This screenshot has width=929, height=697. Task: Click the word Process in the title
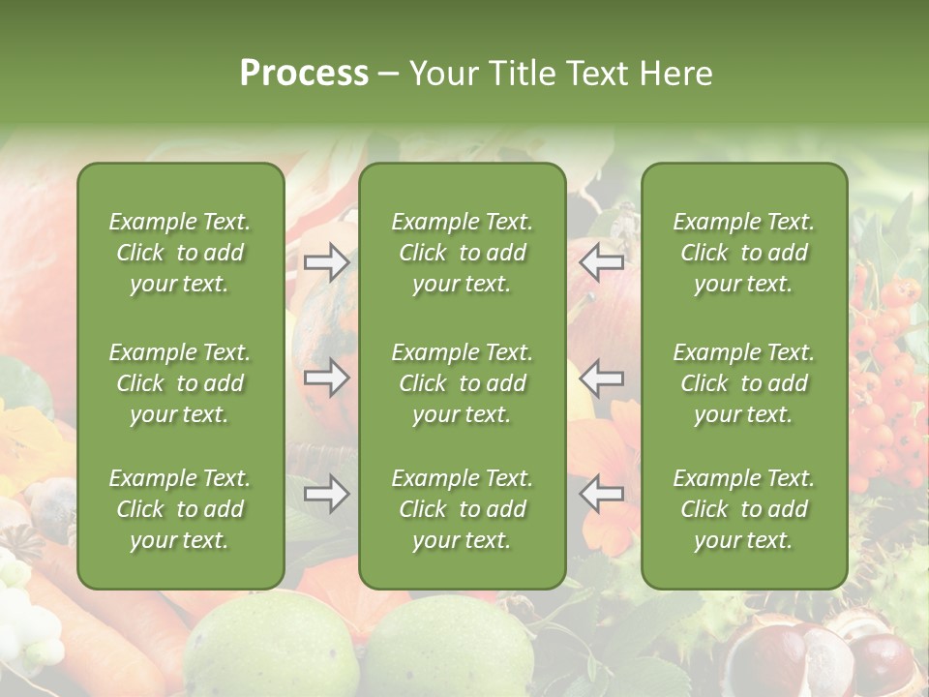point(304,74)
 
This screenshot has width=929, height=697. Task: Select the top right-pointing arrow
point(327,262)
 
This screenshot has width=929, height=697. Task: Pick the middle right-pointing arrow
point(327,378)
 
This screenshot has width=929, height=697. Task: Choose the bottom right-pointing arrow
point(327,495)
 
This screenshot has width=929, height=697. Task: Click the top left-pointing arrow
point(601,262)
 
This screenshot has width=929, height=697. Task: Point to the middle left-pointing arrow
point(601,378)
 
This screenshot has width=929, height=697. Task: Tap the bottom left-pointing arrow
point(601,495)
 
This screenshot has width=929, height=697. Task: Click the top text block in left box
point(180,253)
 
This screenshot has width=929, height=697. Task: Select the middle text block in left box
point(180,383)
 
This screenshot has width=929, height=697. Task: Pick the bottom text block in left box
point(180,509)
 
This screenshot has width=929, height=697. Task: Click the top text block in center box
point(463,253)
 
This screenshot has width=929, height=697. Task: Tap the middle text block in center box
point(463,383)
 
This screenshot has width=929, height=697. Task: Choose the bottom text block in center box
point(463,509)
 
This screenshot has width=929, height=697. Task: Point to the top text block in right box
point(744,253)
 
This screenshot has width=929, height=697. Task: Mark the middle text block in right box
point(744,383)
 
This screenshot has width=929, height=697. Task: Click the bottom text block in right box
point(744,509)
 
